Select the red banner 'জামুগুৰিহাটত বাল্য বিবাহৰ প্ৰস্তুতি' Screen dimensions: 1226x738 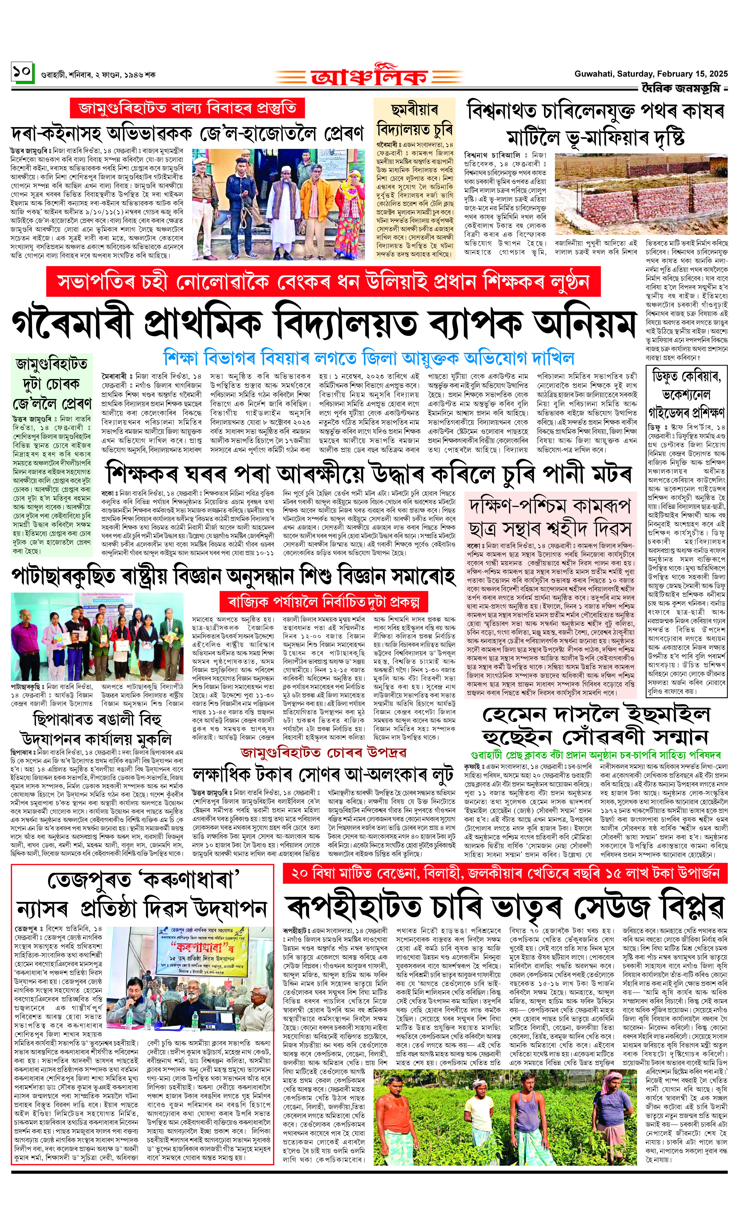coord(187,108)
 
